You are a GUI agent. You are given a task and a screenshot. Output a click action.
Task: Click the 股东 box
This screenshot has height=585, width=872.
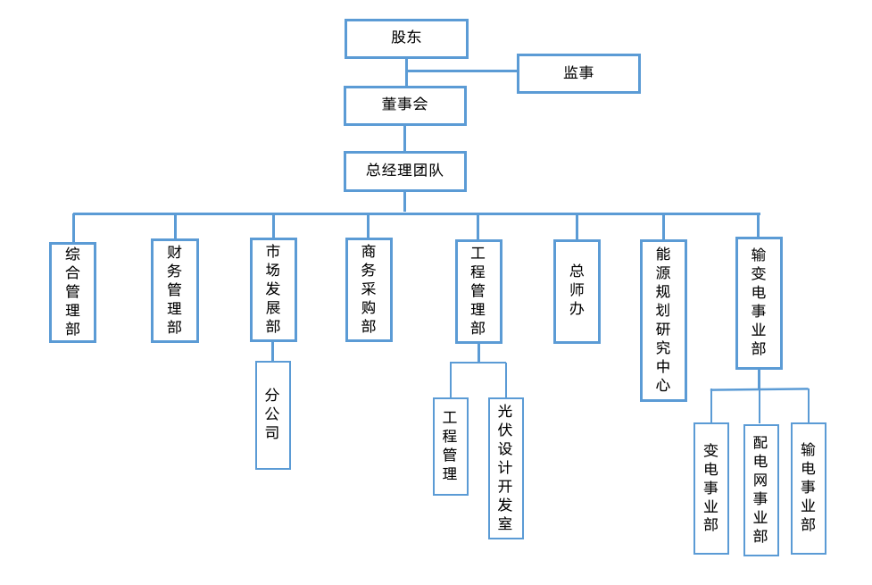pos(406,38)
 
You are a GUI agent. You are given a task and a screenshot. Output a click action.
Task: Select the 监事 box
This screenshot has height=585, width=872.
pos(578,73)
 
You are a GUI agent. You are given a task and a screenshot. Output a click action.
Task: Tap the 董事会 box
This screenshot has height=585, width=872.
pos(404,105)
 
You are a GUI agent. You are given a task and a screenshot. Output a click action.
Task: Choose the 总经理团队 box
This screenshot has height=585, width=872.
pos(404,171)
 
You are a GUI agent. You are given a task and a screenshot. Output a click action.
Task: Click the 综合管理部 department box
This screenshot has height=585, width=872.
pos(72,292)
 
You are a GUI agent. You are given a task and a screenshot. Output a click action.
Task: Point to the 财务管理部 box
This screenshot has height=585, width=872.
pos(174,290)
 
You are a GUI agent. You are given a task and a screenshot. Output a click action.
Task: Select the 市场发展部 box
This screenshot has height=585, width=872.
pos(273,289)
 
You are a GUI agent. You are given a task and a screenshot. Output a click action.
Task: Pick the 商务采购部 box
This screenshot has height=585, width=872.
pos(369,289)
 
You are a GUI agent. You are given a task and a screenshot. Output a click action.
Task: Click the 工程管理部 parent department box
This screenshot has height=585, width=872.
pos(478,291)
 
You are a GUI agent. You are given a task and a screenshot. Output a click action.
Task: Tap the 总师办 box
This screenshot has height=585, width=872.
pos(577,291)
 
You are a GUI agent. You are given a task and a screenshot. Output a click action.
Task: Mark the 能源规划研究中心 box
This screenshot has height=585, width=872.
pos(663,320)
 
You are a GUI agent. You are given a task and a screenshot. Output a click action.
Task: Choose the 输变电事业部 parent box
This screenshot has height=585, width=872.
pos(759,303)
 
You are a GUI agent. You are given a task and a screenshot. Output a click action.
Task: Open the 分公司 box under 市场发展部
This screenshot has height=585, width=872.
pos(272,414)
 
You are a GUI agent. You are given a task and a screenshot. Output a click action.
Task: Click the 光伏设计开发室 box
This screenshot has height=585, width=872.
pos(505,468)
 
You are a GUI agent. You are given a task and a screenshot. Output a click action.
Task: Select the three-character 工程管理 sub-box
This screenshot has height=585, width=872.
pos(450,446)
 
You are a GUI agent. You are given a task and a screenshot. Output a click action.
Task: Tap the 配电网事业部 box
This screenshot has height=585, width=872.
pos(760,489)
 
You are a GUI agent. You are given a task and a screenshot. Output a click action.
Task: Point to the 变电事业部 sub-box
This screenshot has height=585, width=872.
pos(710,488)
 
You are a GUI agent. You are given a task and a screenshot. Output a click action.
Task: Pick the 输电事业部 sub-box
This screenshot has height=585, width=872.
pos(808,488)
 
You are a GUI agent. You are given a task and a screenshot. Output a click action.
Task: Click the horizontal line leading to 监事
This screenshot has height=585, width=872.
pos(461,71)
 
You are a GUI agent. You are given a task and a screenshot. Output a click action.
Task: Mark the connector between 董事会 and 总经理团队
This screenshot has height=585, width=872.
pos(404,138)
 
